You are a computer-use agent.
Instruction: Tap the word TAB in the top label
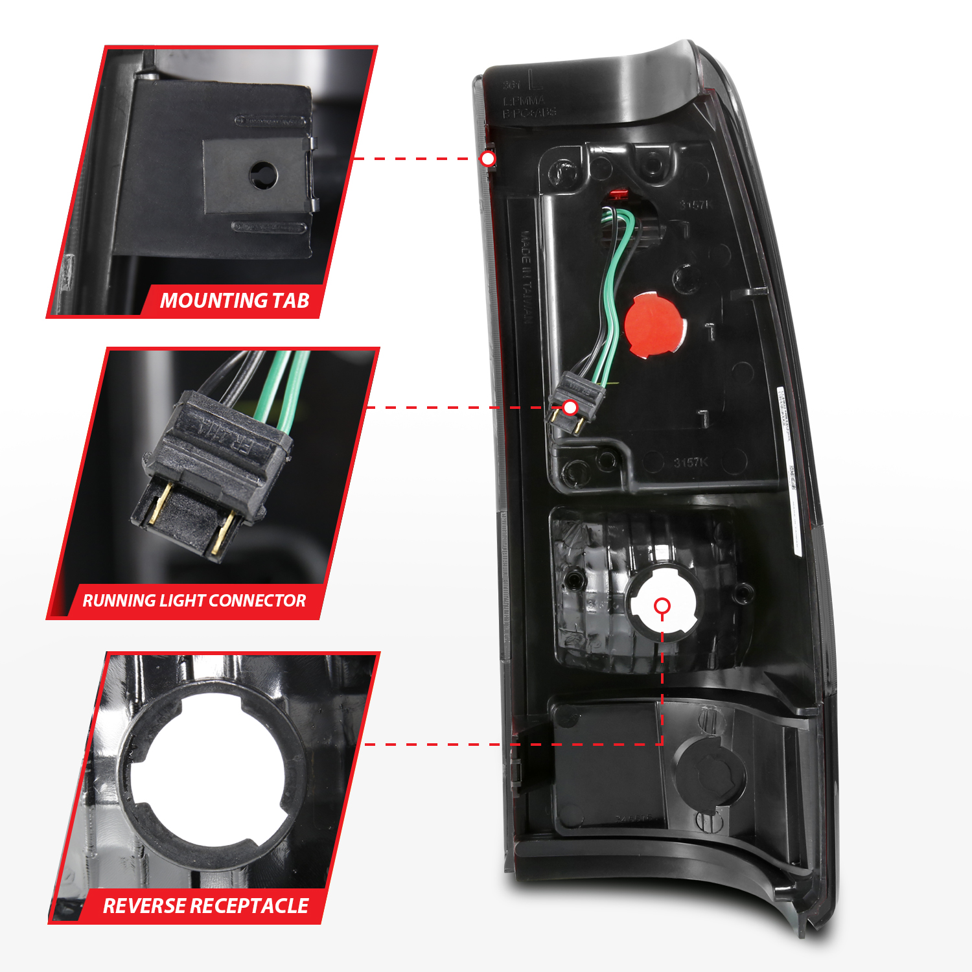click(x=290, y=301)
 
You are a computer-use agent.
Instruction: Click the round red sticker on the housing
click(x=654, y=325)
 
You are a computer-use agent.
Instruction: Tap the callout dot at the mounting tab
click(x=488, y=159)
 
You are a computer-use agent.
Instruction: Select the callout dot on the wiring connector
click(x=570, y=408)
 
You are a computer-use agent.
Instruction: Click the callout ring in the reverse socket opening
click(x=662, y=606)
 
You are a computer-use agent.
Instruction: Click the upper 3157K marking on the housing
click(x=696, y=205)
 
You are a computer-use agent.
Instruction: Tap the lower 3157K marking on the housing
click(x=691, y=462)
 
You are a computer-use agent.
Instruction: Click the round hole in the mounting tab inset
click(x=263, y=174)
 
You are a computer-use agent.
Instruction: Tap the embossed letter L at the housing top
click(x=535, y=80)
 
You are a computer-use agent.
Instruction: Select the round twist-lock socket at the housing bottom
click(x=710, y=774)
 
